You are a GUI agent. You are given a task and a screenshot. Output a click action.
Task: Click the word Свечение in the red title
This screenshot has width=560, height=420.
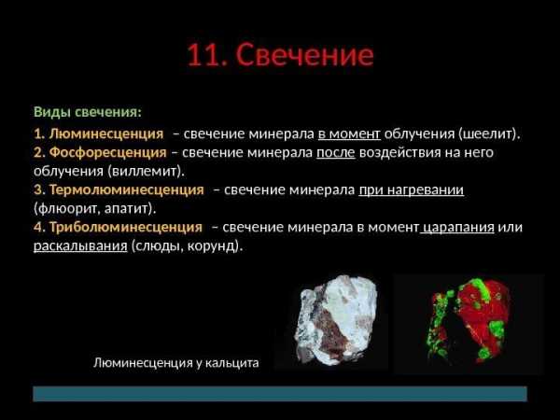tap(304, 54)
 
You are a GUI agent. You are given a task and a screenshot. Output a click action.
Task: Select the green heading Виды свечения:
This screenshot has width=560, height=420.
tap(88, 112)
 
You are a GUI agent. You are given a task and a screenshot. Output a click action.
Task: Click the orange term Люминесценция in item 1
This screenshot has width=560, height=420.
tap(106, 133)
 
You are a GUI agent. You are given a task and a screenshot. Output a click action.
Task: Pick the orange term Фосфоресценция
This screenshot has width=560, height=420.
tap(107, 152)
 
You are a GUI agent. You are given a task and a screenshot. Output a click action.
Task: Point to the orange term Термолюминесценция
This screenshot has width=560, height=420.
tap(126, 189)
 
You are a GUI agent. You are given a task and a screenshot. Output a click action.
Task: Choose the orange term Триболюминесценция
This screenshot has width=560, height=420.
tap(126, 227)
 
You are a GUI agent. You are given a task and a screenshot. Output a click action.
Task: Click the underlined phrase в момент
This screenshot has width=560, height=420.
tap(349, 133)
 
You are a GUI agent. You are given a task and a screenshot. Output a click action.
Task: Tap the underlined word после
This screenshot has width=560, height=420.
tap(336, 153)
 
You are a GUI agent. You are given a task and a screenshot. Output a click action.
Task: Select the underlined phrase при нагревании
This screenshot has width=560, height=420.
tap(412, 190)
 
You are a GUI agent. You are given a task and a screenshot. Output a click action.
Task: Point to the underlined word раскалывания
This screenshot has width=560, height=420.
tap(80, 246)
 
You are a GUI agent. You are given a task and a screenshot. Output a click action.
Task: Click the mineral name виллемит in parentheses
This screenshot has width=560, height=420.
tap(146, 171)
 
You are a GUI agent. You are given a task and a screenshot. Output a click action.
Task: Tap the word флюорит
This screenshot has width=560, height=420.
tap(67, 208)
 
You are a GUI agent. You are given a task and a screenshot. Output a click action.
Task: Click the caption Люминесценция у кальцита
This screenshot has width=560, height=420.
tap(176, 363)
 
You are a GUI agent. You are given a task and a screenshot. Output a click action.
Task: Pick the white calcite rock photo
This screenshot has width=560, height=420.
tap(336, 320)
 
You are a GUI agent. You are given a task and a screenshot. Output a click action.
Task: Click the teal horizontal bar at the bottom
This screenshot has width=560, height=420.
tap(280, 394)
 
